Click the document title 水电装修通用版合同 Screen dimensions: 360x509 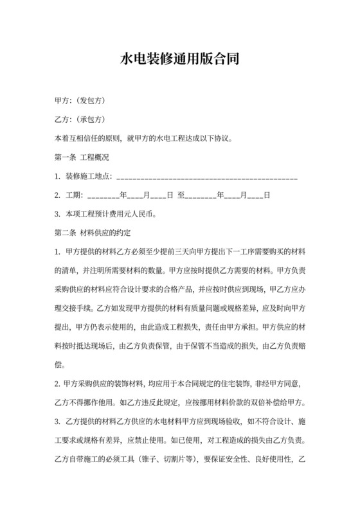180,60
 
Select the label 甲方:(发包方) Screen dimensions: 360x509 80,102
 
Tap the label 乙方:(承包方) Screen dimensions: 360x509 80,120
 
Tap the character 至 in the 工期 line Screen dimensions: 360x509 181,195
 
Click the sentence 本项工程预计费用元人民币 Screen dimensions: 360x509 110,213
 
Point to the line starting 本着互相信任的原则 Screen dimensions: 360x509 143,139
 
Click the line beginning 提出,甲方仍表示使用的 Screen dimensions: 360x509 180,310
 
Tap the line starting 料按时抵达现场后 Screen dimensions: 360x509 180,328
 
